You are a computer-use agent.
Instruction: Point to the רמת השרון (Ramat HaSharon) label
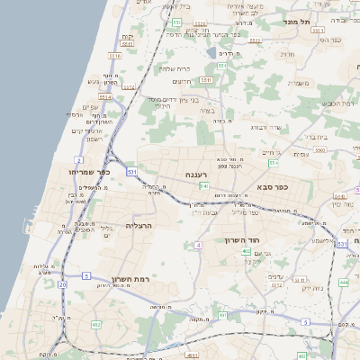129,279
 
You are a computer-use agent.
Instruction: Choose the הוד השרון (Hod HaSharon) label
243,240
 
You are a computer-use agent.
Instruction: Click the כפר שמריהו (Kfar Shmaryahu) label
88,171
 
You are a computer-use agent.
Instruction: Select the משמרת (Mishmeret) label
300,84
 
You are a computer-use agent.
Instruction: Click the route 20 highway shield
62,284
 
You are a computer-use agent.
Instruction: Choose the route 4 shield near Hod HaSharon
198,245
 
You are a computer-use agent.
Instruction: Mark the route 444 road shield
343,282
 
